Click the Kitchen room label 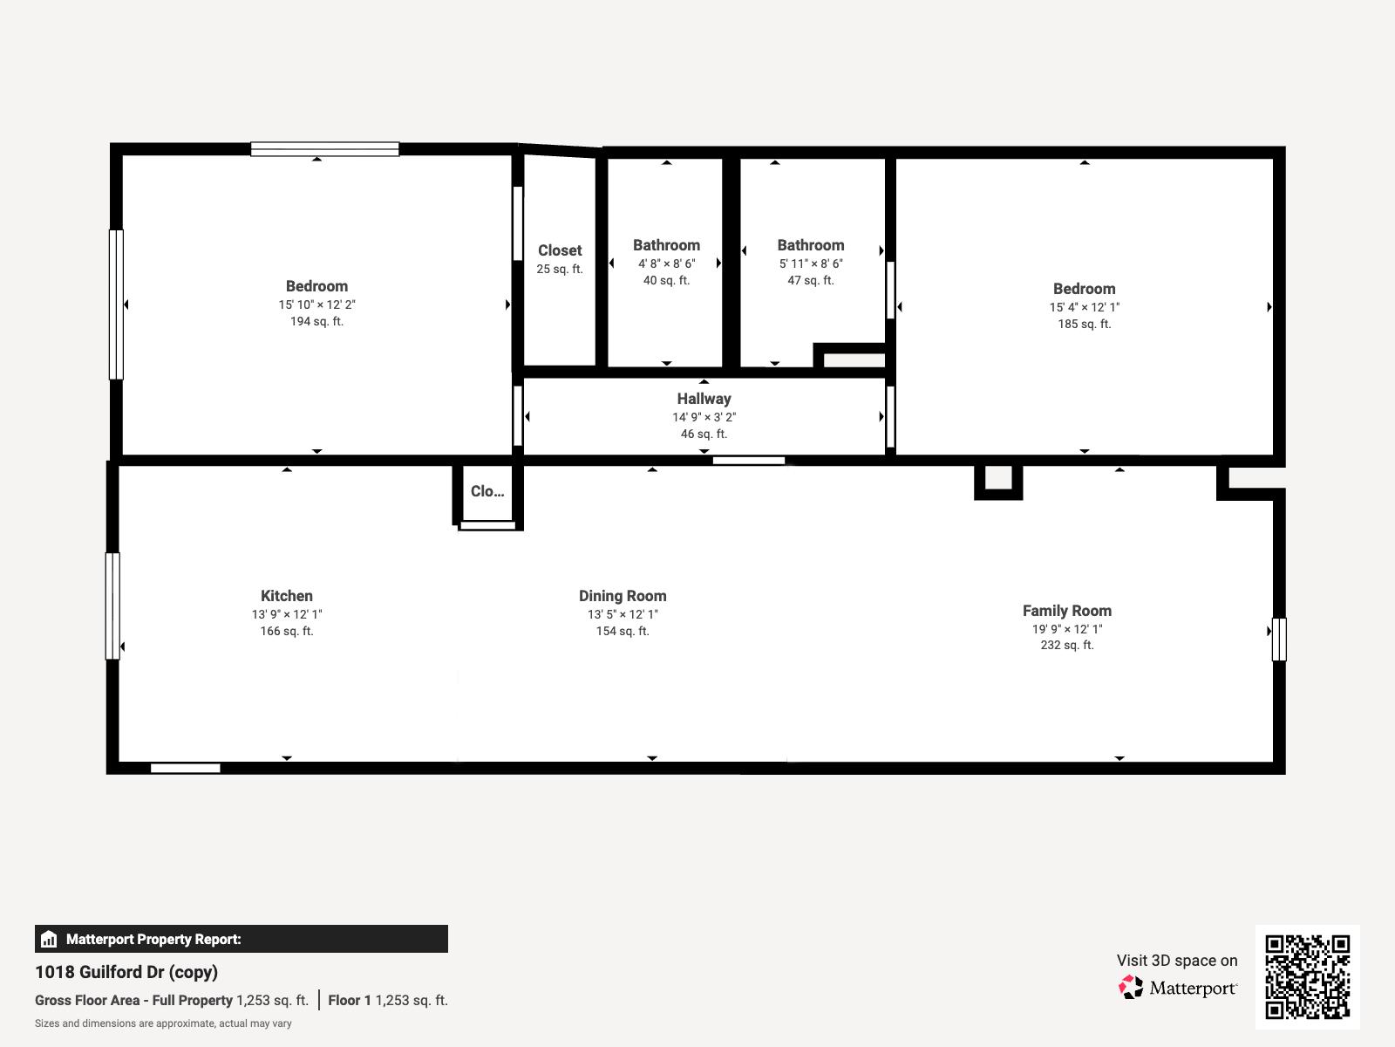tap(286, 596)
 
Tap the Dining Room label tap(623, 596)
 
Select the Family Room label tap(1066, 611)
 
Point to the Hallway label tap(704, 399)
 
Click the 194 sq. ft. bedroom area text tap(316, 321)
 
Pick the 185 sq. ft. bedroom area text tap(1084, 324)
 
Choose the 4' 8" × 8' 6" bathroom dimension tap(666, 263)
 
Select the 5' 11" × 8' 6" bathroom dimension tap(811, 263)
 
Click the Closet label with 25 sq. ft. tap(560, 250)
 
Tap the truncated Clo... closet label tap(487, 491)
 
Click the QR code tap(1307, 976)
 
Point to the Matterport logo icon tap(1131, 988)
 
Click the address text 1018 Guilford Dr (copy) tap(126, 972)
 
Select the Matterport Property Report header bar tap(242, 939)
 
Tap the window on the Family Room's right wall tap(1278, 639)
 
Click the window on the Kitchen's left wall tap(112, 606)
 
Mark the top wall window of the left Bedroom tap(324, 149)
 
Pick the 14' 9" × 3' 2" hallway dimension tap(704, 417)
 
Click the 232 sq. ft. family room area tap(1066, 645)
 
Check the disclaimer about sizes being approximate tap(163, 1023)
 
